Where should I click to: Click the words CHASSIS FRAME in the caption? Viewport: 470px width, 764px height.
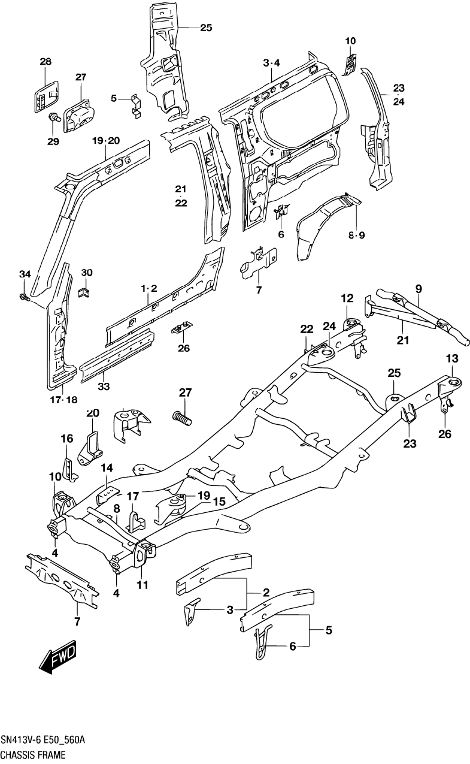[32, 756]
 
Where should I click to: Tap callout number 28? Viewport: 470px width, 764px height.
[46, 61]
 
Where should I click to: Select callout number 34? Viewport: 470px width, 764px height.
[24, 274]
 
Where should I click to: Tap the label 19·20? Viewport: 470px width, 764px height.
[107, 140]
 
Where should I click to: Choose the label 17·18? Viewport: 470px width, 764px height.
[63, 400]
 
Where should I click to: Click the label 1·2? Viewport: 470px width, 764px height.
[148, 289]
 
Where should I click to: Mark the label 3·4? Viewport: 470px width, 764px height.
[271, 63]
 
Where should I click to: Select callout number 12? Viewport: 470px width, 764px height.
[347, 298]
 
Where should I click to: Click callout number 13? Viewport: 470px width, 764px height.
[451, 358]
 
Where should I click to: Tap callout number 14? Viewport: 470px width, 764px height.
[106, 467]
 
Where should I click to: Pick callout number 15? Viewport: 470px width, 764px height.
[219, 502]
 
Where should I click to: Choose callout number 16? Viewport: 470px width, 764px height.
[66, 439]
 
